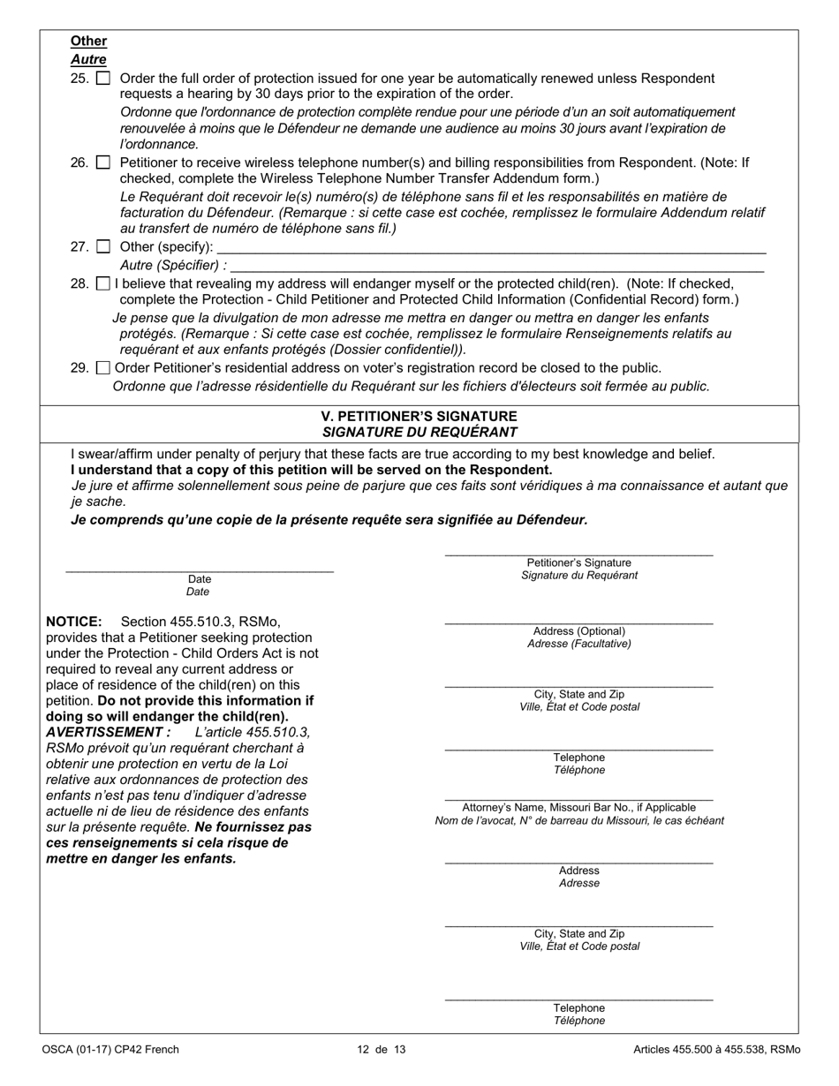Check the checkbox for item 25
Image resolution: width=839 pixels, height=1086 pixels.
click(x=103, y=79)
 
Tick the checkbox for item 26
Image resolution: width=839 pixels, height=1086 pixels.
click(x=103, y=163)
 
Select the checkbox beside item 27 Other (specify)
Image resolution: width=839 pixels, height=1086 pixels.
click(x=103, y=247)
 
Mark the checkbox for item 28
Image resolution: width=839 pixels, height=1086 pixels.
click(x=103, y=284)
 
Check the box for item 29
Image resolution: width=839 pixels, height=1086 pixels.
click(x=103, y=368)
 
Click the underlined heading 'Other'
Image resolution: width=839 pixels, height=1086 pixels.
click(x=88, y=41)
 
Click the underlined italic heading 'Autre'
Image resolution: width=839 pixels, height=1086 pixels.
click(x=88, y=60)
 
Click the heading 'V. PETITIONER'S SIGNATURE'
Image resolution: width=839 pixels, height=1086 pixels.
click(x=419, y=416)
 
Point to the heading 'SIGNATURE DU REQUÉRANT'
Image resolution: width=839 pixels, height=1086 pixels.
click(x=419, y=432)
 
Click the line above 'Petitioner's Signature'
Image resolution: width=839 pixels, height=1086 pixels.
click(x=578, y=554)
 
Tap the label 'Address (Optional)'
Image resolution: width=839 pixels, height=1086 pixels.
click(x=578, y=631)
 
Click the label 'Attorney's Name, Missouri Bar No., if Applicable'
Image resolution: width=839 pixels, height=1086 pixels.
click(x=578, y=807)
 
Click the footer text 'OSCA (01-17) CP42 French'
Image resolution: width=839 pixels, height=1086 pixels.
click(x=110, y=1050)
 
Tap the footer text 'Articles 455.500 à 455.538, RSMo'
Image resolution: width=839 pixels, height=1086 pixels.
click(x=716, y=1050)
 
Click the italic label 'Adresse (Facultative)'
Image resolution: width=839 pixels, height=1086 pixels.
click(x=578, y=644)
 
